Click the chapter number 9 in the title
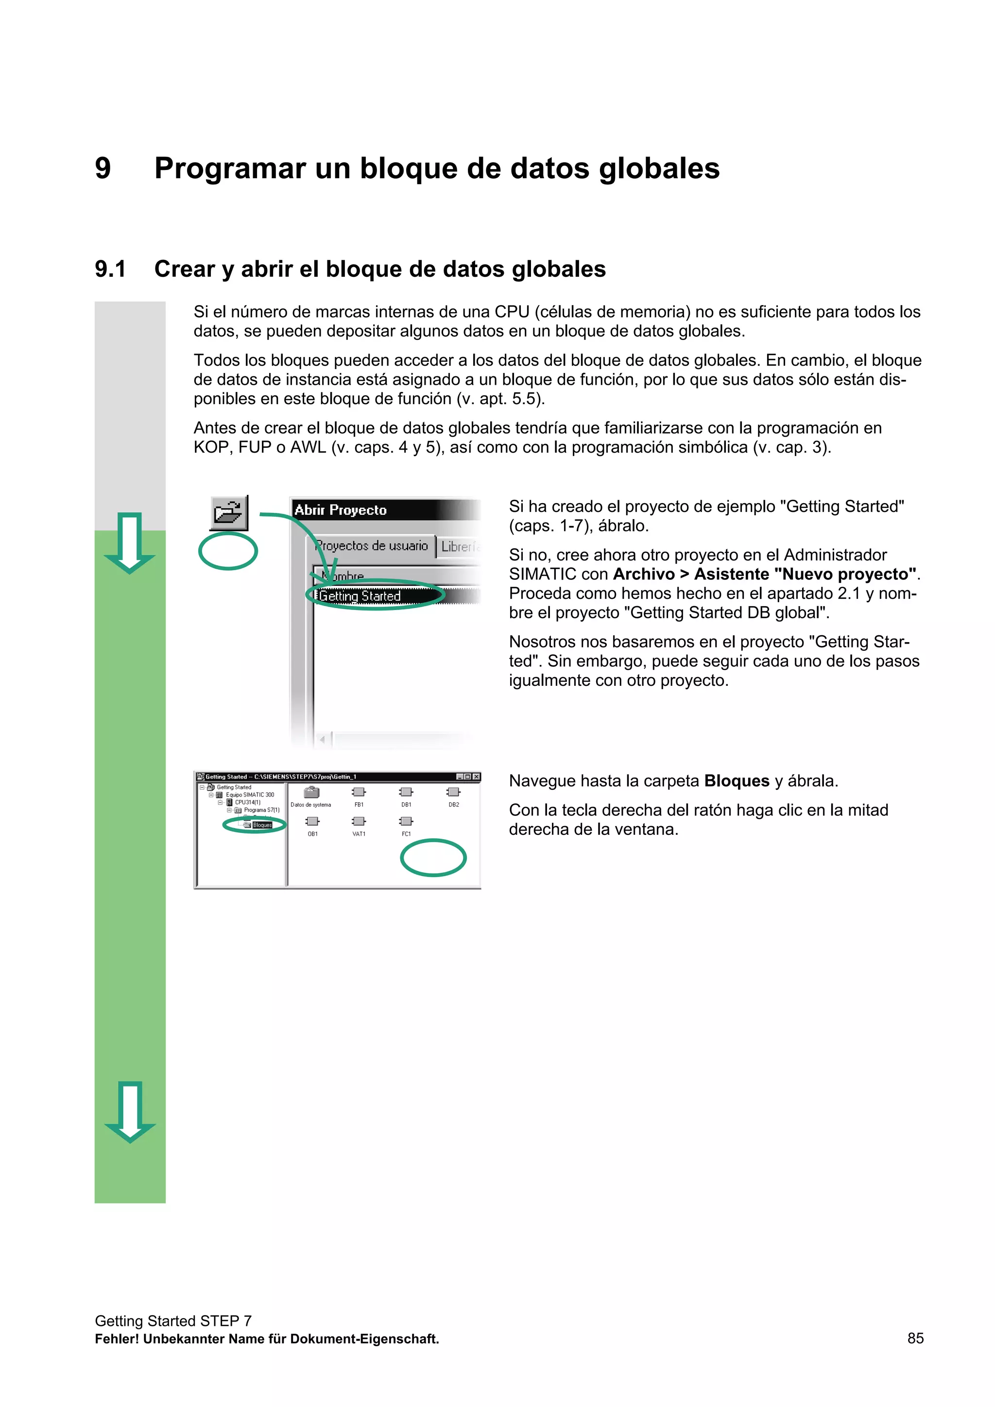[103, 168]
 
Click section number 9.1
[110, 269]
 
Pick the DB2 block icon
[454, 792]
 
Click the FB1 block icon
[359, 792]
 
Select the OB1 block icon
[313, 821]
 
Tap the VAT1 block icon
[359, 821]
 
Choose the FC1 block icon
[406, 821]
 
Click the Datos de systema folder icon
[311, 792]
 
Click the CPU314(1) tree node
[248, 802]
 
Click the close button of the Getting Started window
[476, 777]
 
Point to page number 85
[915, 1339]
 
